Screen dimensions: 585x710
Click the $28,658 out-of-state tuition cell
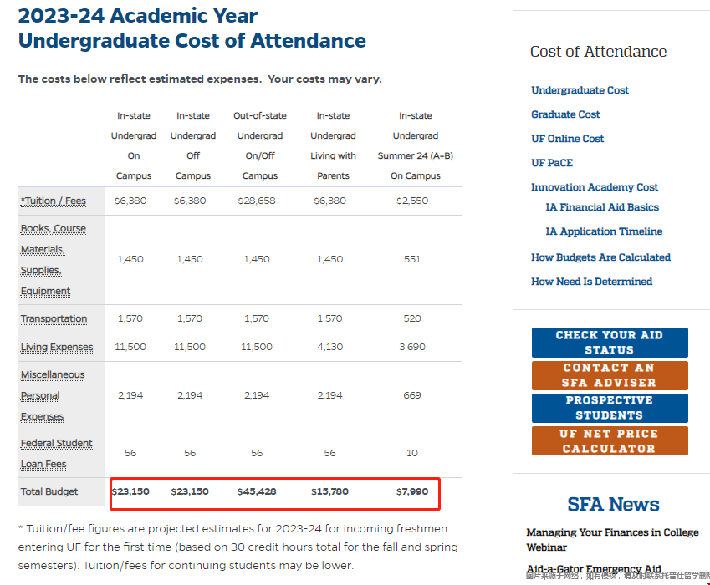[256, 201]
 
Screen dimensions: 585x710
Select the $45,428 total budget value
[256, 491]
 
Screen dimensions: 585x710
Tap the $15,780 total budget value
[329, 491]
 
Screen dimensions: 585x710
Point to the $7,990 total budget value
[412, 491]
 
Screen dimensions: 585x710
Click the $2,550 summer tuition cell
[412, 201]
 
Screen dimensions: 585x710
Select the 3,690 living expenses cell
[412, 347]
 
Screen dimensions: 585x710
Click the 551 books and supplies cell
[412, 259]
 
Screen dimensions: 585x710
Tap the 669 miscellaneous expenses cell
[412, 395]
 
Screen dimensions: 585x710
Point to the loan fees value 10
[412, 453]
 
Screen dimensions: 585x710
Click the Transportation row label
[54, 318]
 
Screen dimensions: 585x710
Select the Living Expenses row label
[57, 347]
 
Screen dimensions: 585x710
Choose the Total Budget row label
[49, 491]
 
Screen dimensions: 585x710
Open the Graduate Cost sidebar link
[565, 114]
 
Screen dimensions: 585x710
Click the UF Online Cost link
[567, 139]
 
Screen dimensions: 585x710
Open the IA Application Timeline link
[604, 231]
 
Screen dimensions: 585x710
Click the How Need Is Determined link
[591, 282]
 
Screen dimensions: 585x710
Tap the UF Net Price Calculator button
[610, 441]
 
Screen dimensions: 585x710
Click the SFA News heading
[613, 505]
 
